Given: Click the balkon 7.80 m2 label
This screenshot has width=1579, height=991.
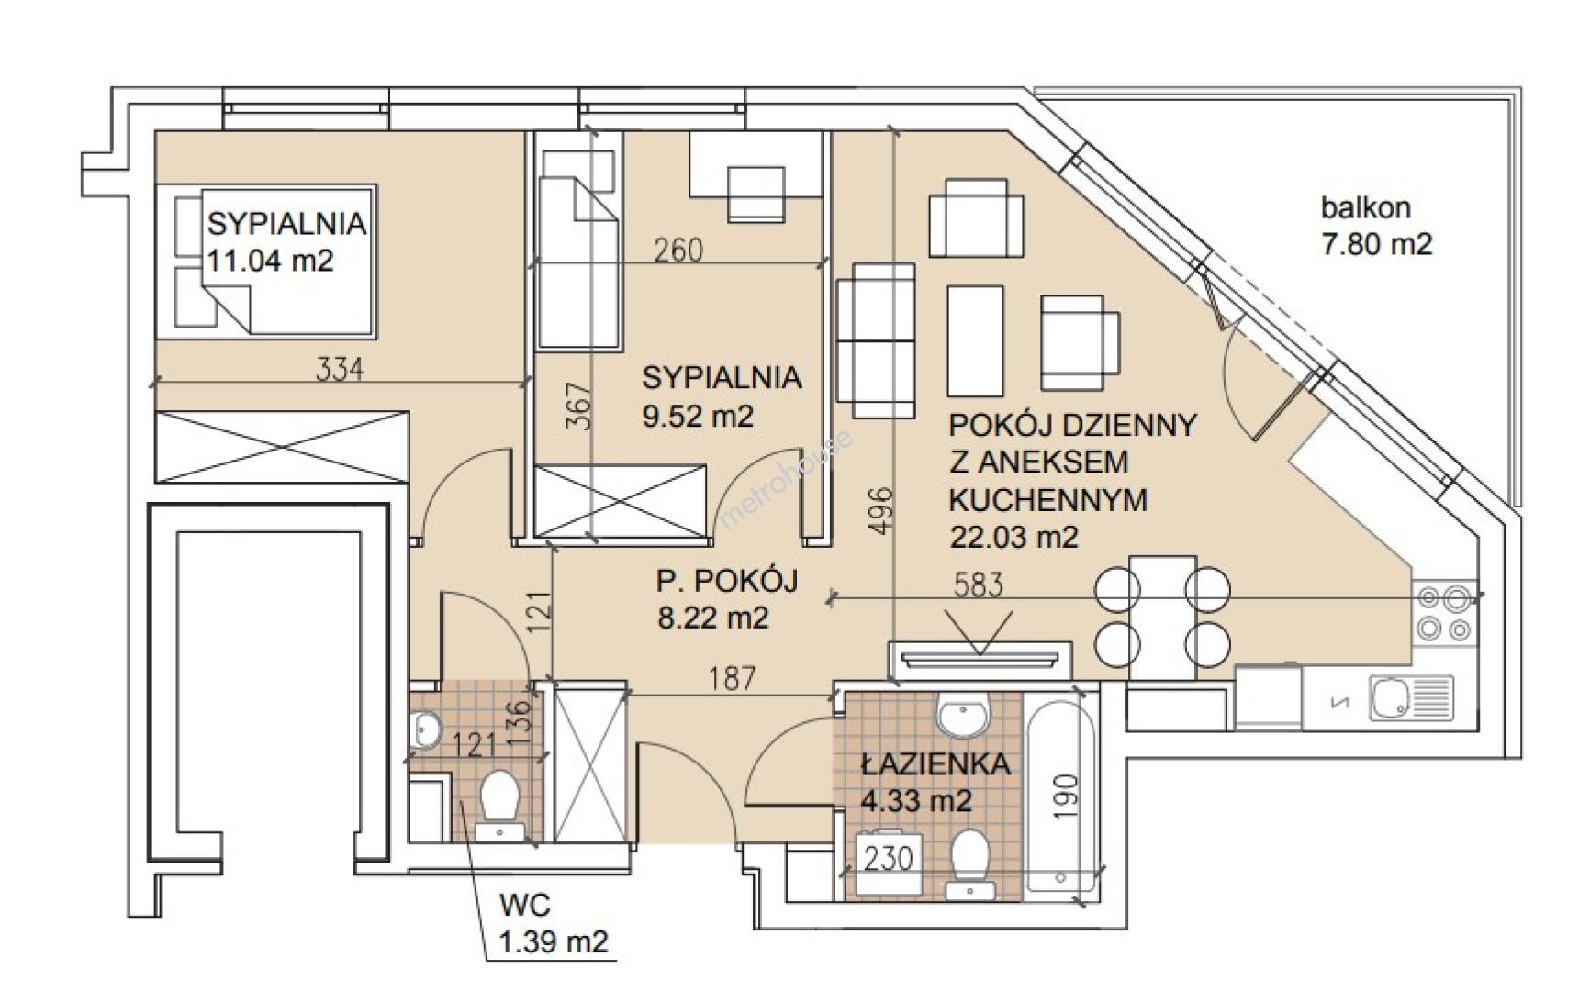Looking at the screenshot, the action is tap(1376, 226).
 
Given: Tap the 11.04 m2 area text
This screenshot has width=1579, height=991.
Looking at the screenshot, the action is tap(270, 261).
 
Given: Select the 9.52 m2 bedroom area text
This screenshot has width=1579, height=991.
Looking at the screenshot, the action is tap(698, 416).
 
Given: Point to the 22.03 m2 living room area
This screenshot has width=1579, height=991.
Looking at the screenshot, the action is tap(1013, 536).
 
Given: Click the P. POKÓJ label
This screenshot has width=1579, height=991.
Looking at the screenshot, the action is tap(727, 580).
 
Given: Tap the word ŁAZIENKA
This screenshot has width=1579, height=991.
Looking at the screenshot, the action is tap(935, 763).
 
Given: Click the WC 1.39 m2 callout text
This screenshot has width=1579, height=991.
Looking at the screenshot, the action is tap(553, 923).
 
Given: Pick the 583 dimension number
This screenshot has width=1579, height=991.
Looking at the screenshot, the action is tap(979, 585).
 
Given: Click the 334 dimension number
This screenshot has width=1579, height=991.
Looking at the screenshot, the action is tap(340, 369).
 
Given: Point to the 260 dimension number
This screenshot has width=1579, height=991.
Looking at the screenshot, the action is tap(678, 250).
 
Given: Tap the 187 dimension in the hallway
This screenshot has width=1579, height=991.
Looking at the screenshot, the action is tap(733, 678).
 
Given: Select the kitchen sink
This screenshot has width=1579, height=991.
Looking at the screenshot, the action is tap(1411, 698).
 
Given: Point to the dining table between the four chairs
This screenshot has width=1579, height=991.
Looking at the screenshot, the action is tap(1163, 617).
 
